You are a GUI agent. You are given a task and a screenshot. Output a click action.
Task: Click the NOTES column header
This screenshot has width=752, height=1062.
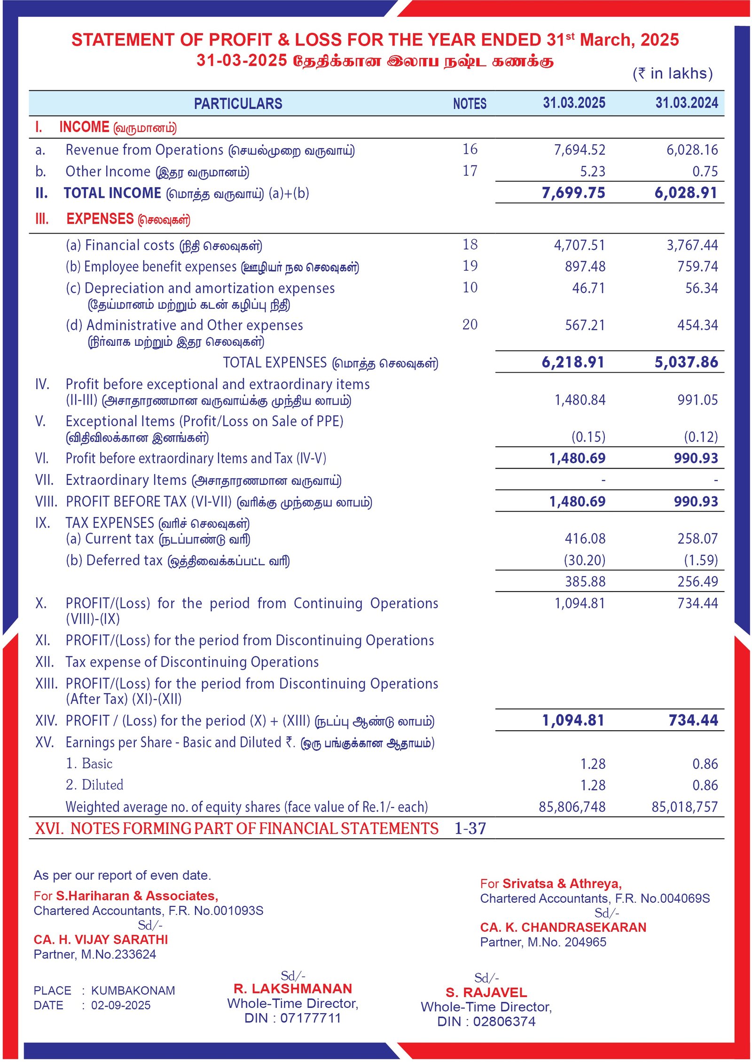click(470, 103)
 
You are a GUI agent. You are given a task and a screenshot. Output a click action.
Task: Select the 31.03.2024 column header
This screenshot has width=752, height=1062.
click(686, 103)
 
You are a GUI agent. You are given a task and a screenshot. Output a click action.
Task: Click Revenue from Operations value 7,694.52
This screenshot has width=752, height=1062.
click(579, 150)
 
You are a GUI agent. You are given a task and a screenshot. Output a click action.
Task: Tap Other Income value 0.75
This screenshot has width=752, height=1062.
click(705, 172)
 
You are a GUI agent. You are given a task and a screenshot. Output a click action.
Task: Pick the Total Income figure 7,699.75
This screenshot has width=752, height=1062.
click(573, 193)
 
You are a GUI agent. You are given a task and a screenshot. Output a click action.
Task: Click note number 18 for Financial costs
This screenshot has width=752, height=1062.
click(470, 244)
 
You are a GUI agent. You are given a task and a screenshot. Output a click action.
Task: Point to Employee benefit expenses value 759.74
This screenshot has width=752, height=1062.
click(697, 266)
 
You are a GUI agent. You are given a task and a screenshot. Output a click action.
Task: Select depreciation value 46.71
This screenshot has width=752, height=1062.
click(588, 288)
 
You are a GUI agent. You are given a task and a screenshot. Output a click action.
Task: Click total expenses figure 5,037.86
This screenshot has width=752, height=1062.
click(686, 362)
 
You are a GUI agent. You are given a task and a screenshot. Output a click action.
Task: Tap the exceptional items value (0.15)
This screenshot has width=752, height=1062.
click(588, 437)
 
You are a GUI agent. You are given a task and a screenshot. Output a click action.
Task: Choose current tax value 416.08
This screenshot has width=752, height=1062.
click(585, 539)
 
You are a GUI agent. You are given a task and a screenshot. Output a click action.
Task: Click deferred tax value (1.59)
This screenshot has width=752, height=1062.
click(701, 560)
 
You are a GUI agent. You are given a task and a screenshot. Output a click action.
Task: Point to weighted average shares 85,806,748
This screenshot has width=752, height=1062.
click(572, 807)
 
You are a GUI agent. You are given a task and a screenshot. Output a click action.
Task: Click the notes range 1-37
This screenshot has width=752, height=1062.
click(470, 828)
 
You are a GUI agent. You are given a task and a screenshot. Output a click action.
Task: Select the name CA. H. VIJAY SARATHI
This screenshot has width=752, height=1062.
click(101, 939)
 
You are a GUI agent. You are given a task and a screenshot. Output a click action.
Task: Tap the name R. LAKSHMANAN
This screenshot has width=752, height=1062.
click(292, 989)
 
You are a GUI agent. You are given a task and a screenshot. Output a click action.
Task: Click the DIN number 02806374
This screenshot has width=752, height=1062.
click(504, 1022)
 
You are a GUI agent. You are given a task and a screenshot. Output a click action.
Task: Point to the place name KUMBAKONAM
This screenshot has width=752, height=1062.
click(133, 991)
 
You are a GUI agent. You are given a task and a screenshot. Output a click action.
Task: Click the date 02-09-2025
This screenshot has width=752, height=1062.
click(121, 1005)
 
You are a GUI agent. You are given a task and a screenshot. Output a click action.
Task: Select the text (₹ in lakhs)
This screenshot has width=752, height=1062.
click(673, 73)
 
